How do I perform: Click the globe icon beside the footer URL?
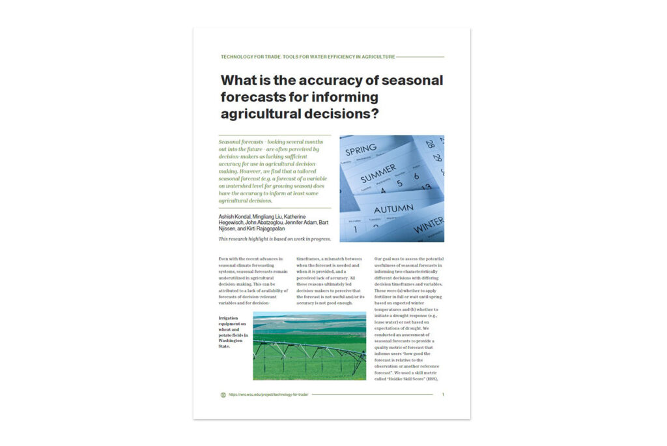tap(223, 395)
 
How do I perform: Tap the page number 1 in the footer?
tap(443, 395)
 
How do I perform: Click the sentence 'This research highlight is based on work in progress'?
tap(274, 239)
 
